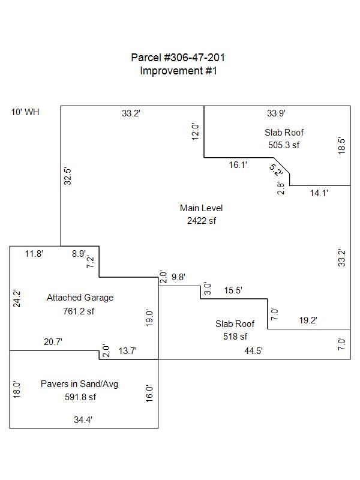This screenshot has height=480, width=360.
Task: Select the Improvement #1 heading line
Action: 178,70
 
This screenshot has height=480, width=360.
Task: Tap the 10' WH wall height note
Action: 25,112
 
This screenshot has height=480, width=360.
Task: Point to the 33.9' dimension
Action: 276,112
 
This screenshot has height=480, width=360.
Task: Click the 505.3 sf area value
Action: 284,145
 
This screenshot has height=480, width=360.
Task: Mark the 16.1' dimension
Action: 238,164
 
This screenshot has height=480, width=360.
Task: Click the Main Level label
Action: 201,208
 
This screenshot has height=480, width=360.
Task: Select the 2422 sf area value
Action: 201,221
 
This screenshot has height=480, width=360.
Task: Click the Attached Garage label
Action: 80,298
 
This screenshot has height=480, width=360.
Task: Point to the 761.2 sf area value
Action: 80,311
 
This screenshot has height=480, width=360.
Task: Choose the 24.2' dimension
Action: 17,299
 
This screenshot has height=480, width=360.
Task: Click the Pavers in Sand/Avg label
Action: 80,384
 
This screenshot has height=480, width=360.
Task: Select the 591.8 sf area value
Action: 80,397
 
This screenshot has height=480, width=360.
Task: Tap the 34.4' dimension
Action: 83,421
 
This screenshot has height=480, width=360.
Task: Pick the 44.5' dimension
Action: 253,351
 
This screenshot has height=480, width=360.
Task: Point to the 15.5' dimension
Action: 233,290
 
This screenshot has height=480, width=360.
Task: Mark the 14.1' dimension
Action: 319,193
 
